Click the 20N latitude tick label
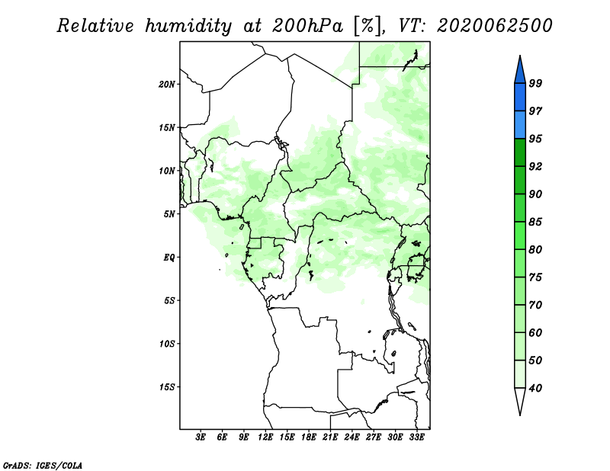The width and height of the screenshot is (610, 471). click(168, 84)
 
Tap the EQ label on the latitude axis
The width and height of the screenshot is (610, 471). click(170, 257)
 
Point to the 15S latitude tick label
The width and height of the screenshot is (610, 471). click(168, 386)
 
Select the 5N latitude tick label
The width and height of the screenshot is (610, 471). click(170, 213)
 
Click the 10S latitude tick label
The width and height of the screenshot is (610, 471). click(168, 343)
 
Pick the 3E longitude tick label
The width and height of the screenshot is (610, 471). click(201, 437)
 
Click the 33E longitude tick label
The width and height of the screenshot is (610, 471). click(416, 437)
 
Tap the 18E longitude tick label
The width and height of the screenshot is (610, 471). click(309, 437)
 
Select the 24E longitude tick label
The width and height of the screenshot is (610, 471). click(352, 437)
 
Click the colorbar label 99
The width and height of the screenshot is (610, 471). click(535, 84)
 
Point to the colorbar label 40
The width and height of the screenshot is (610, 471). click(535, 389)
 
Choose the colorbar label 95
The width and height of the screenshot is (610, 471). click(535, 139)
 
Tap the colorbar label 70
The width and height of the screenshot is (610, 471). click(535, 306)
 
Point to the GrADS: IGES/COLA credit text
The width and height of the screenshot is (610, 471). click(42, 464)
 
